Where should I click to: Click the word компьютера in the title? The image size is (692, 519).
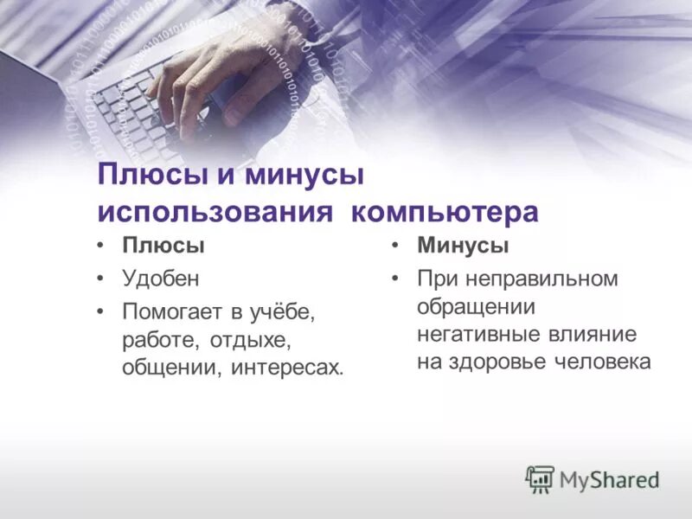pos(445,212)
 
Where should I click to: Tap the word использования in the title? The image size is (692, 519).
pos(215,212)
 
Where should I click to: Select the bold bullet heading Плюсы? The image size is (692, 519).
pos(163,246)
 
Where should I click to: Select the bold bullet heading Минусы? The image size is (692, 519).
pos(463,246)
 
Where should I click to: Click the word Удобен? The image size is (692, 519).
pos(161,279)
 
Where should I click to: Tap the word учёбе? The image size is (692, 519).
pos(290,310)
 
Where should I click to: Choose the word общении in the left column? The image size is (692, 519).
pos(172,368)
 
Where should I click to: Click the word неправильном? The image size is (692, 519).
pos(541,279)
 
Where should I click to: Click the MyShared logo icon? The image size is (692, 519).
pos(540,478)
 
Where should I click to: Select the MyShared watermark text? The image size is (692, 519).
pos(609,479)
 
